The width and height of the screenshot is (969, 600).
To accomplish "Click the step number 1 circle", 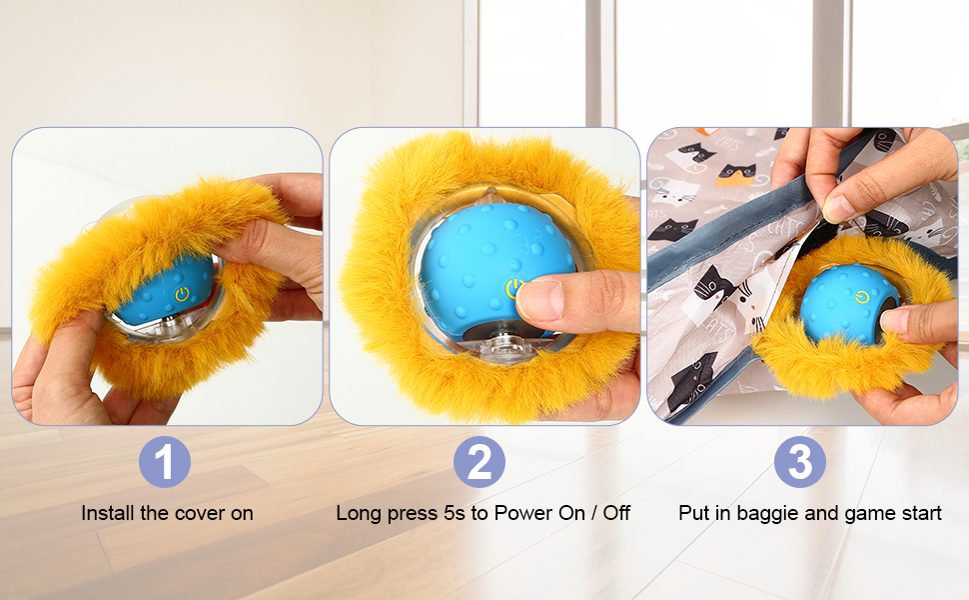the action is click(x=165, y=461).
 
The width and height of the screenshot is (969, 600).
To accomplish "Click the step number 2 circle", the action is click(x=479, y=461).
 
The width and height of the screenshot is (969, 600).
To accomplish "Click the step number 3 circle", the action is click(x=799, y=461).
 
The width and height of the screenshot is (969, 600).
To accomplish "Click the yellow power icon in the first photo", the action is click(x=181, y=294).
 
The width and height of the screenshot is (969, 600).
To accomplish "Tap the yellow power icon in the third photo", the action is click(x=861, y=299).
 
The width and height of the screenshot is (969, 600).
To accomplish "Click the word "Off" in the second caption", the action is click(x=616, y=513).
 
